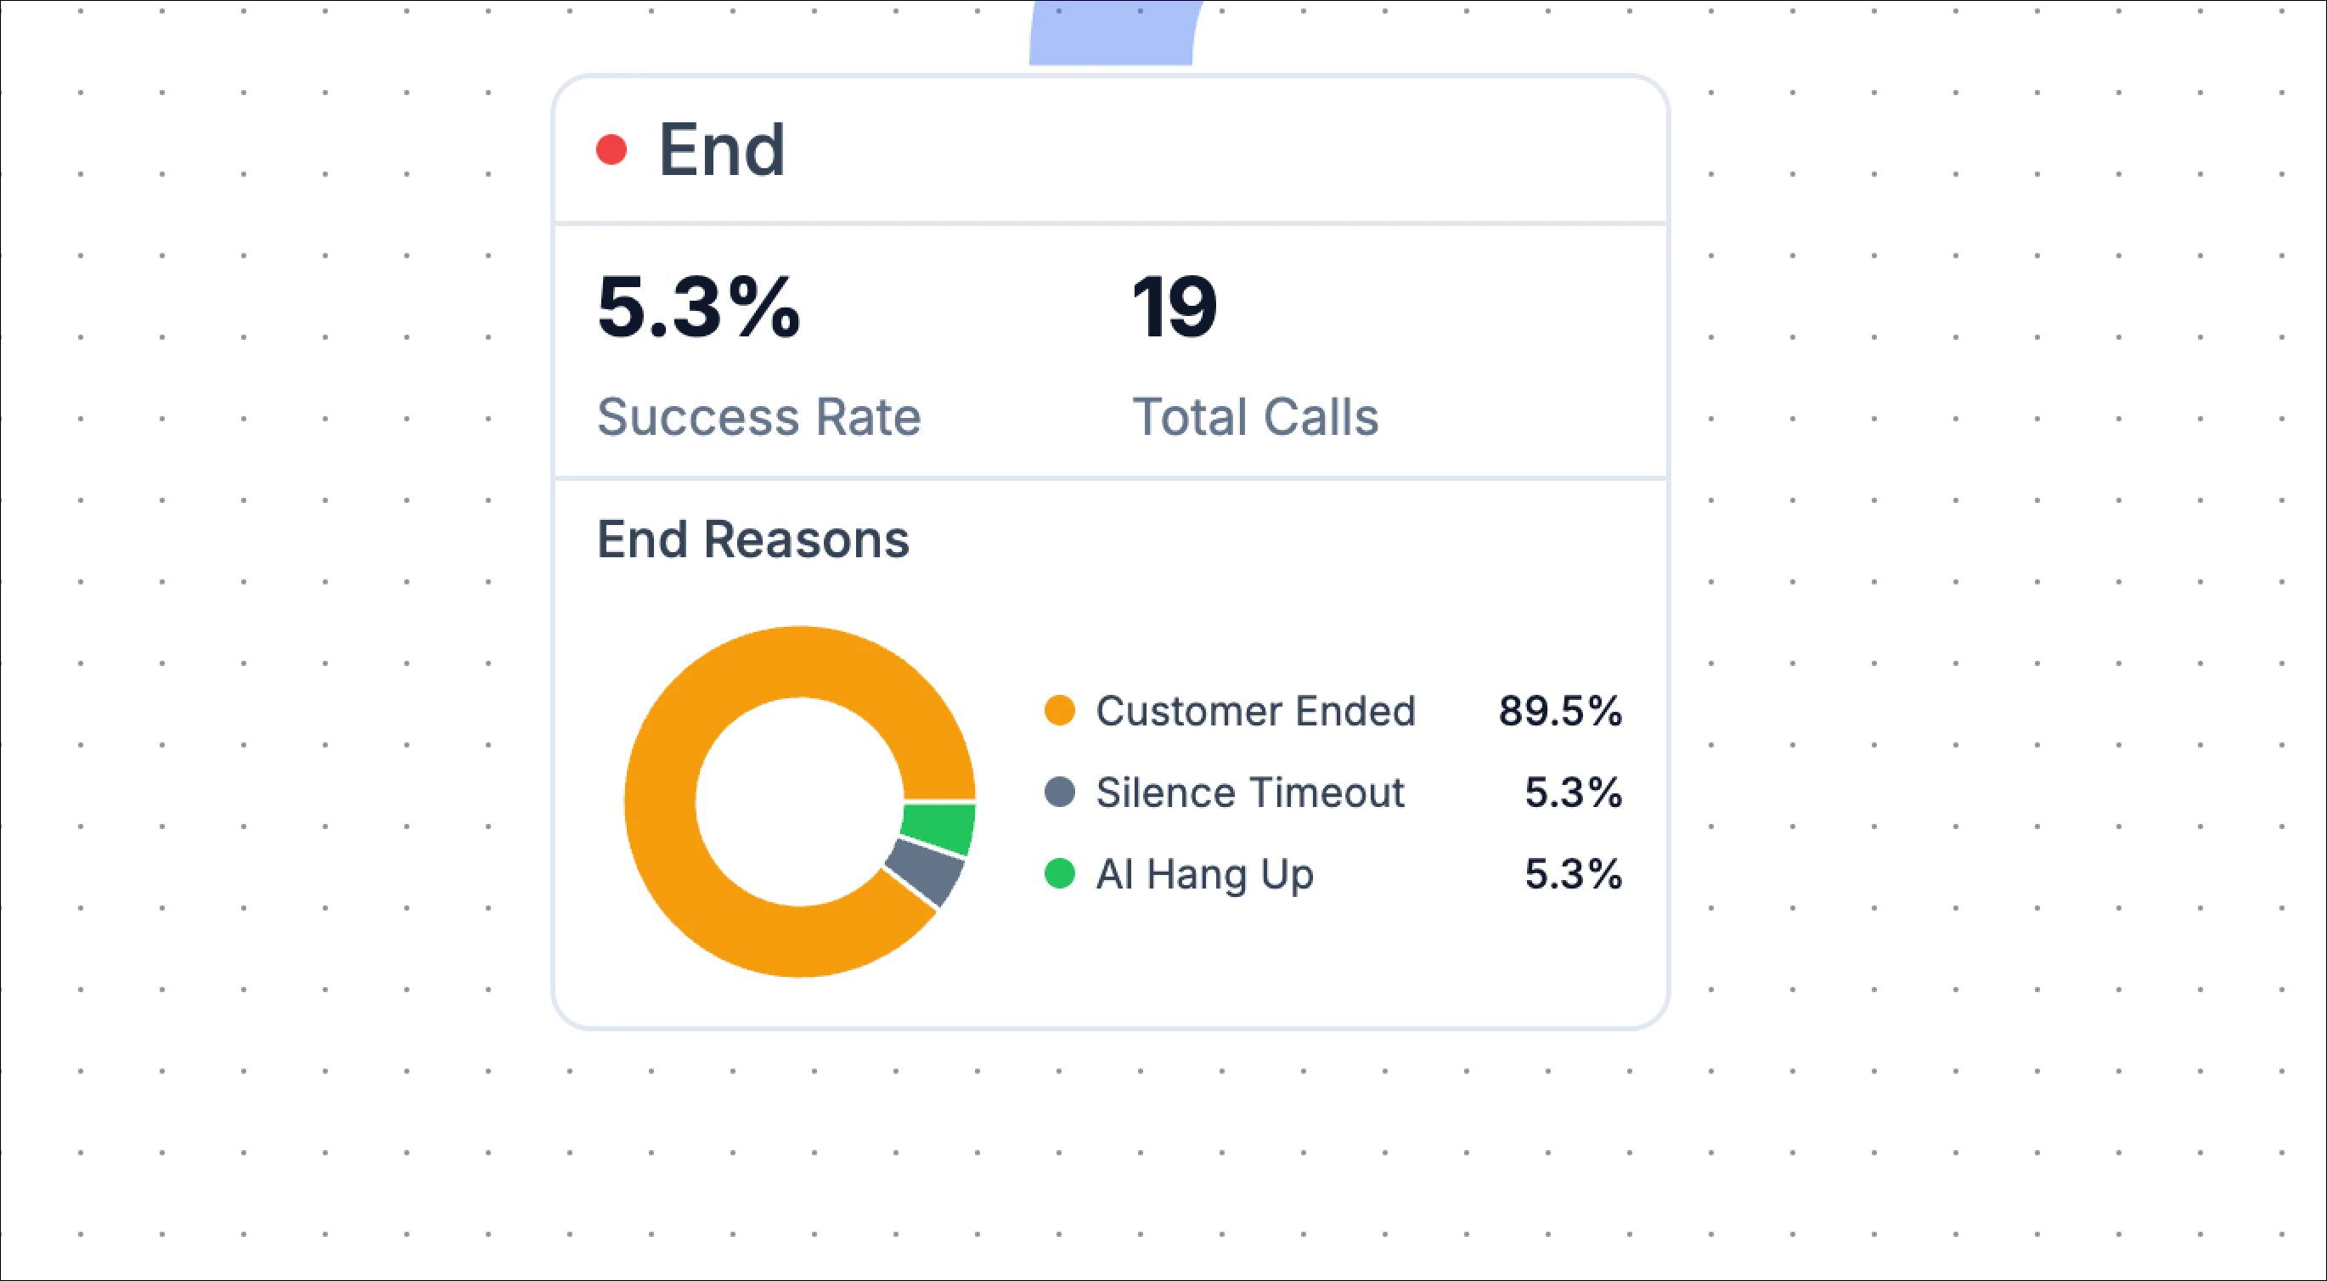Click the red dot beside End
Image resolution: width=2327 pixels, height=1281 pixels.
click(x=611, y=150)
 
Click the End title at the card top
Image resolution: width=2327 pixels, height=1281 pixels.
click(x=722, y=150)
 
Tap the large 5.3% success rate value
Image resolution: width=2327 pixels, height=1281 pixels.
click(x=698, y=308)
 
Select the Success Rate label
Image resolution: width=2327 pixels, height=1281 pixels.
click(x=758, y=417)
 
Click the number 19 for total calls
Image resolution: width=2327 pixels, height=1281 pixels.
click(x=1175, y=308)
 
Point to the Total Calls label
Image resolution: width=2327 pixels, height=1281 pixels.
click(x=1254, y=417)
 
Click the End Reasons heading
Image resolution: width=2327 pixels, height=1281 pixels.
click(x=752, y=539)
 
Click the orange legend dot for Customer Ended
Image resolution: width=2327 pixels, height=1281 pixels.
click(x=1059, y=711)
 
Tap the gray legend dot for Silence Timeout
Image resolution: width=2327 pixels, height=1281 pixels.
click(x=1059, y=793)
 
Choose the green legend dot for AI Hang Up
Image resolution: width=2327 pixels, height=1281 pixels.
click(x=1059, y=873)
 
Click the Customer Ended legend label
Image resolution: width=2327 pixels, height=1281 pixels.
click(x=1254, y=711)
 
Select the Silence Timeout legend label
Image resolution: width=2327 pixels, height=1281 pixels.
click(x=1249, y=793)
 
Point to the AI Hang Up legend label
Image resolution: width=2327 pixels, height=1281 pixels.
click(x=1204, y=873)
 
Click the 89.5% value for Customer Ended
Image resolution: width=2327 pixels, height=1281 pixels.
click(x=1560, y=711)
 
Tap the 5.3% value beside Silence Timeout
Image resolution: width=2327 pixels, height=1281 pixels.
click(x=1573, y=793)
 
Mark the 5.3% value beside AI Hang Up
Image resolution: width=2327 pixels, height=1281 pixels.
click(x=1573, y=873)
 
